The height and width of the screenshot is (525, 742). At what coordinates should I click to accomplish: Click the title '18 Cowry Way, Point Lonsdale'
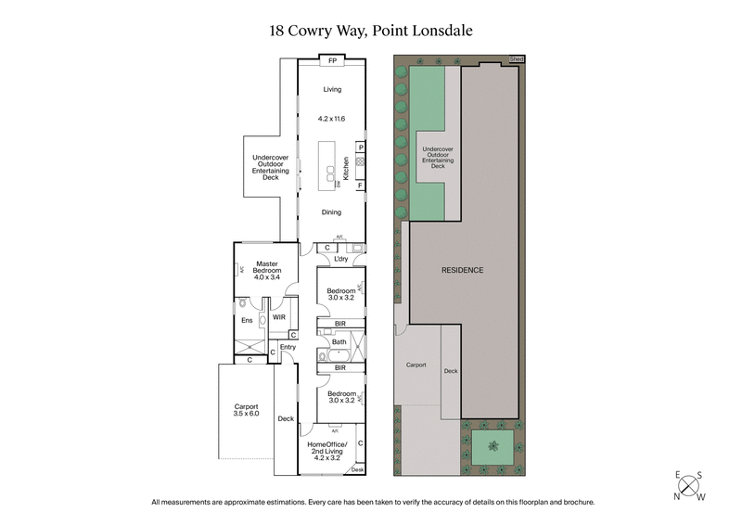(x=371, y=30)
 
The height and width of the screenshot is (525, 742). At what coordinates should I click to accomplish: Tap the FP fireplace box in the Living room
(x=332, y=62)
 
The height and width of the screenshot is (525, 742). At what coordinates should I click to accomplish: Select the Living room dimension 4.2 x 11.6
(x=332, y=119)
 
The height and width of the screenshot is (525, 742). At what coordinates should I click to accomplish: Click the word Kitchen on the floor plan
(x=345, y=167)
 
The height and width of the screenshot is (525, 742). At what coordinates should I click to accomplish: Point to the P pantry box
(x=360, y=147)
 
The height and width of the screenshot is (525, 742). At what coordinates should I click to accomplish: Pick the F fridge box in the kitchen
(x=360, y=186)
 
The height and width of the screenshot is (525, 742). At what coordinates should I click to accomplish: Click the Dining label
(x=332, y=212)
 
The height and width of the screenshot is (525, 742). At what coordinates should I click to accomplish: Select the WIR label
(x=278, y=316)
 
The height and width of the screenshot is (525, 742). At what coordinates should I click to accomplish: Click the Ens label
(x=247, y=321)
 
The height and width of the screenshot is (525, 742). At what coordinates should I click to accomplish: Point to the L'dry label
(x=326, y=259)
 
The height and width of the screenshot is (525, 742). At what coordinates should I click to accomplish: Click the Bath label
(x=339, y=342)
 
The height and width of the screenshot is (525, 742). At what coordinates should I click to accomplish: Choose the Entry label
(x=288, y=347)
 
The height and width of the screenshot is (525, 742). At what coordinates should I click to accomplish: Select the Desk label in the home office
(x=358, y=470)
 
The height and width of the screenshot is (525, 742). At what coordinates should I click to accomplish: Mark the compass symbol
(x=688, y=484)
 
